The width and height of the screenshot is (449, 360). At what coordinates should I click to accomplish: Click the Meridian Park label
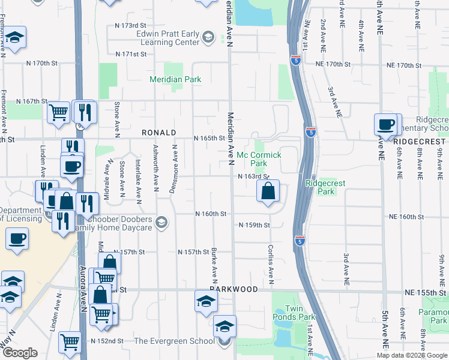click(x=175, y=79)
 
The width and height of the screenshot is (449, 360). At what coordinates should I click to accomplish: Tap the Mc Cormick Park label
click(x=259, y=159)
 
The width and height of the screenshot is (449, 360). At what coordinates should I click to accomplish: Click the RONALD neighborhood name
click(x=158, y=133)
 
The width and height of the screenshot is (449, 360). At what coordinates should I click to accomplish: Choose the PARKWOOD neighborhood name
click(x=234, y=289)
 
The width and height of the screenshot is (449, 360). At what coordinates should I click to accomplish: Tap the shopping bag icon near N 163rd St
click(x=268, y=191)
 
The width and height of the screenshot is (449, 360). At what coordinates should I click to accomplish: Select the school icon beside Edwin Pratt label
click(x=208, y=38)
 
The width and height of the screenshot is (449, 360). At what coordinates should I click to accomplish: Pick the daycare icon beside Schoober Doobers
click(x=160, y=223)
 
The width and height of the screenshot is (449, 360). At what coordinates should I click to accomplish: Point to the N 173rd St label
click(x=131, y=26)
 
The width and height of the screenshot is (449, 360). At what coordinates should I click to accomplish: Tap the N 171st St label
click(x=131, y=54)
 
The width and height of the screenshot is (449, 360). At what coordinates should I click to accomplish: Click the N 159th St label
click(x=255, y=225)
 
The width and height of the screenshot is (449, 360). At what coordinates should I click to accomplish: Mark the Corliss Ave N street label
click(x=271, y=263)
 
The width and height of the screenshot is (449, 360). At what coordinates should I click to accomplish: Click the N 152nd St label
click(x=107, y=341)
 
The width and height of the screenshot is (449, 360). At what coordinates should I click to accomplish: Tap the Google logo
click(x=20, y=353)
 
